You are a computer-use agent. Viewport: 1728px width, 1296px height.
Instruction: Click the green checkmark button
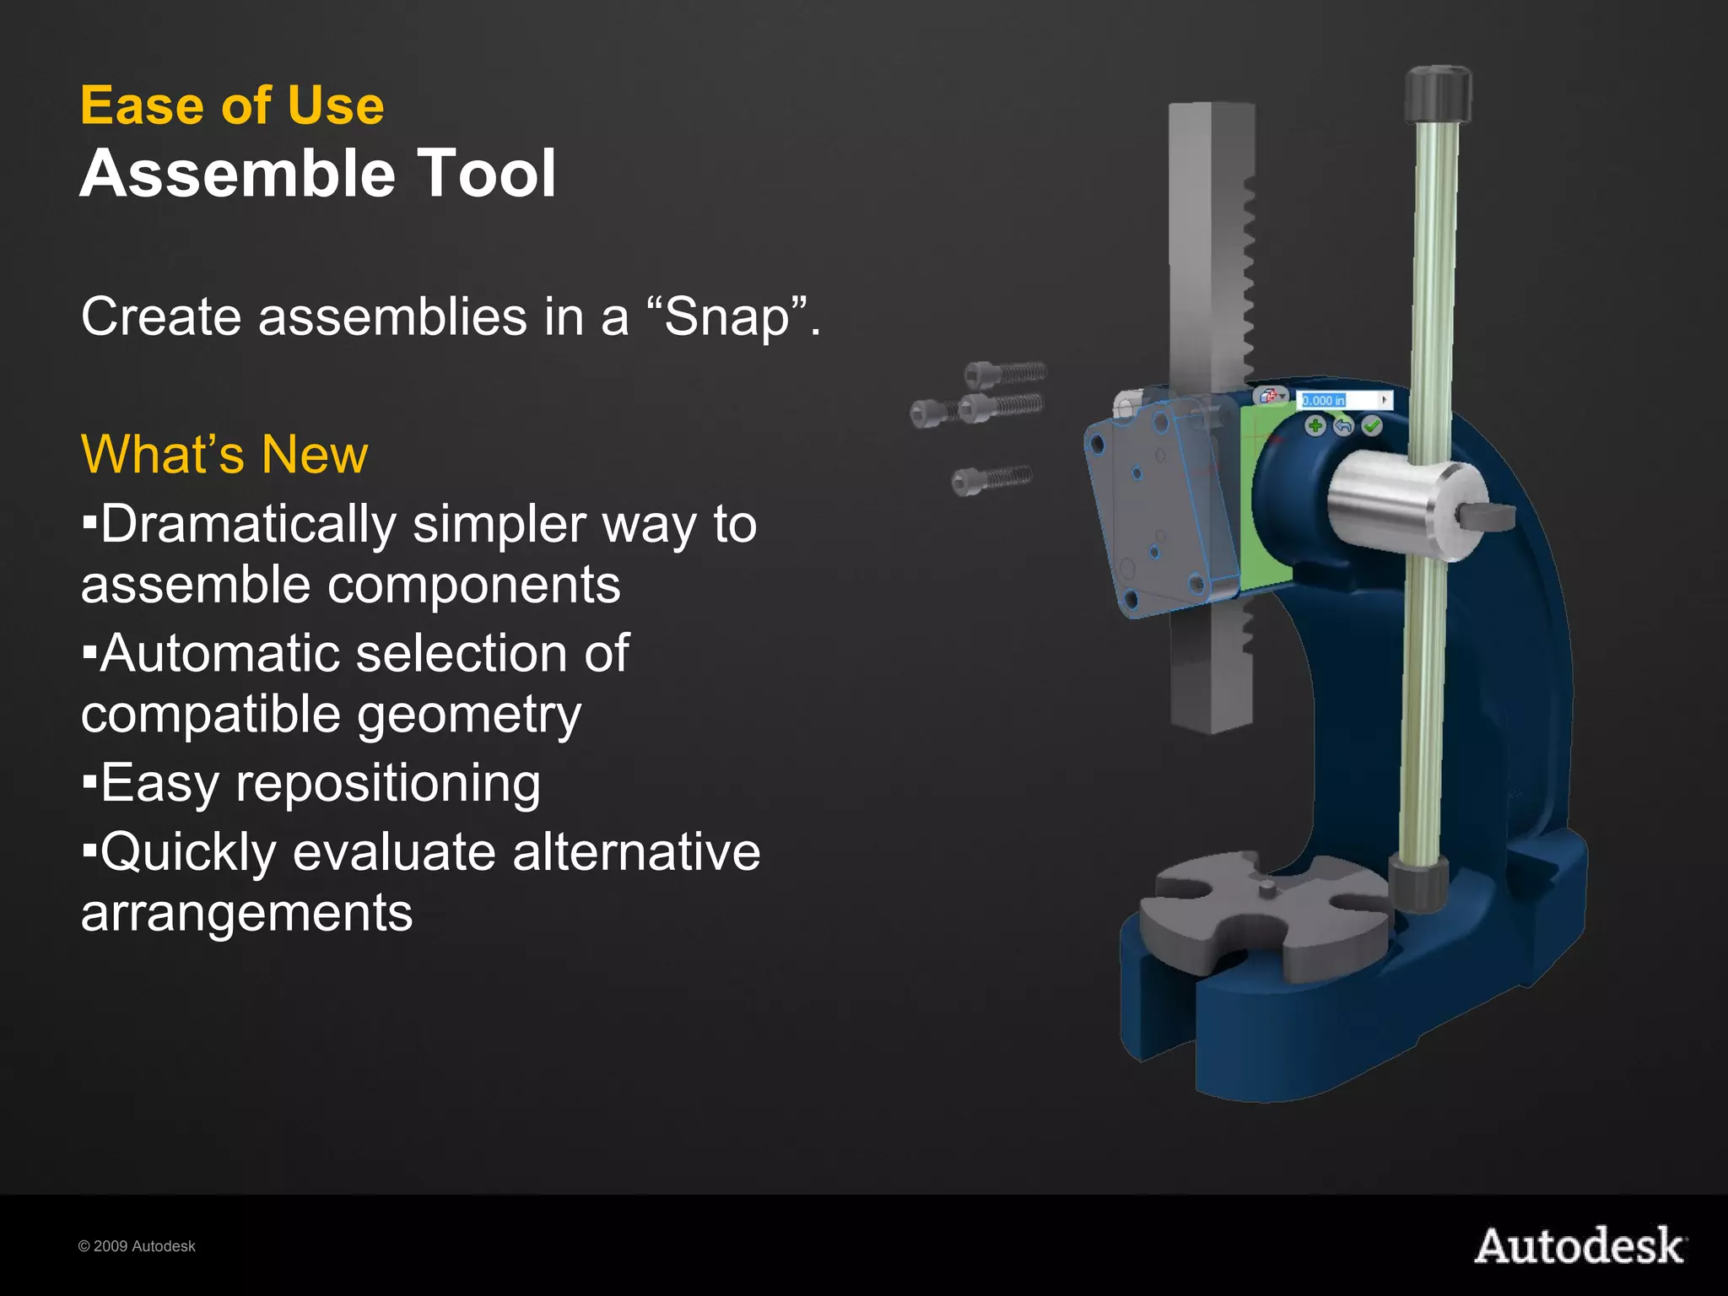(1372, 426)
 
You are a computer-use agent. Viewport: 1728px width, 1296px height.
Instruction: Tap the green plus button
(1315, 426)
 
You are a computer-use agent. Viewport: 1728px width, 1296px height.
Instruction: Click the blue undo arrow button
(1343, 426)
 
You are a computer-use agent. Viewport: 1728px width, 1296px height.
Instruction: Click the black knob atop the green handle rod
(1438, 94)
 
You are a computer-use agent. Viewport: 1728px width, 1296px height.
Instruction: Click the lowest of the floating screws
(991, 478)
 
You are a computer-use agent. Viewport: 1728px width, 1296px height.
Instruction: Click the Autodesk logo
(1579, 1247)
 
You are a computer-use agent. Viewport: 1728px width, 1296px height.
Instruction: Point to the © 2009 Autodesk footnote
(137, 1247)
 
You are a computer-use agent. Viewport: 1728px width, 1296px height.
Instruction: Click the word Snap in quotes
(726, 317)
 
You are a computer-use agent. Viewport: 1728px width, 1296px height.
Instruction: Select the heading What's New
(224, 455)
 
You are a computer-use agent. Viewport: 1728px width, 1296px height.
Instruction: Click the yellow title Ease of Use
(232, 106)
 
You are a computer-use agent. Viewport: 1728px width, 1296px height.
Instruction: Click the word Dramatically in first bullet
(248, 525)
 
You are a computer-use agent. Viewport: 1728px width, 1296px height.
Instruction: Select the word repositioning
(388, 784)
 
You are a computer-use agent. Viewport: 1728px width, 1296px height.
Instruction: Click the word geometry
(469, 715)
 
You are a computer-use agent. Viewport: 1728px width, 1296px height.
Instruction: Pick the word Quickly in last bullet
(187, 852)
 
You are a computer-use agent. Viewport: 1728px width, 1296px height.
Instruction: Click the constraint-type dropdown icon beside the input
(1271, 396)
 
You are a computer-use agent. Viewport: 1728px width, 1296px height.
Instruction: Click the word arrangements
(246, 913)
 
